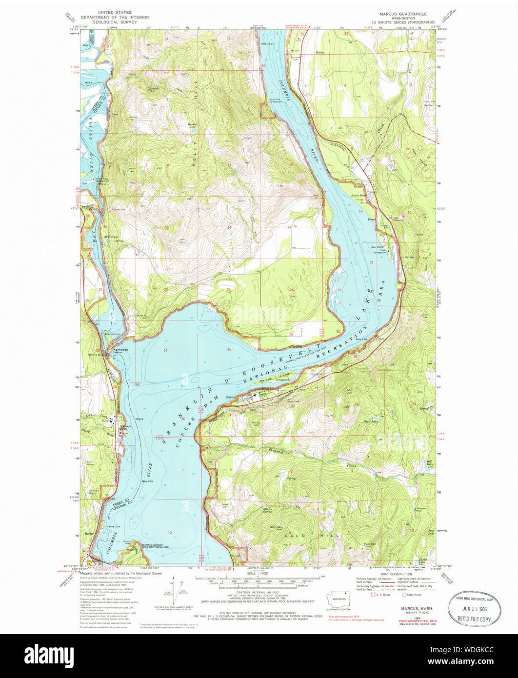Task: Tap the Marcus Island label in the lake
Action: pyautogui.click(x=268, y=379)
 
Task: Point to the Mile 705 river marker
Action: pyautogui.click(x=147, y=481)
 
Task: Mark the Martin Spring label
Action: pyautogui.click(x=267, y=511)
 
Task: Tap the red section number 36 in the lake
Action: pyautogui.click(x=183, y=419)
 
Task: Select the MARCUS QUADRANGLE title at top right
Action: pyautogui.click(x=405, y=14)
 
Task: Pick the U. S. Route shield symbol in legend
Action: pyautogui.click(x=374, y=595)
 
